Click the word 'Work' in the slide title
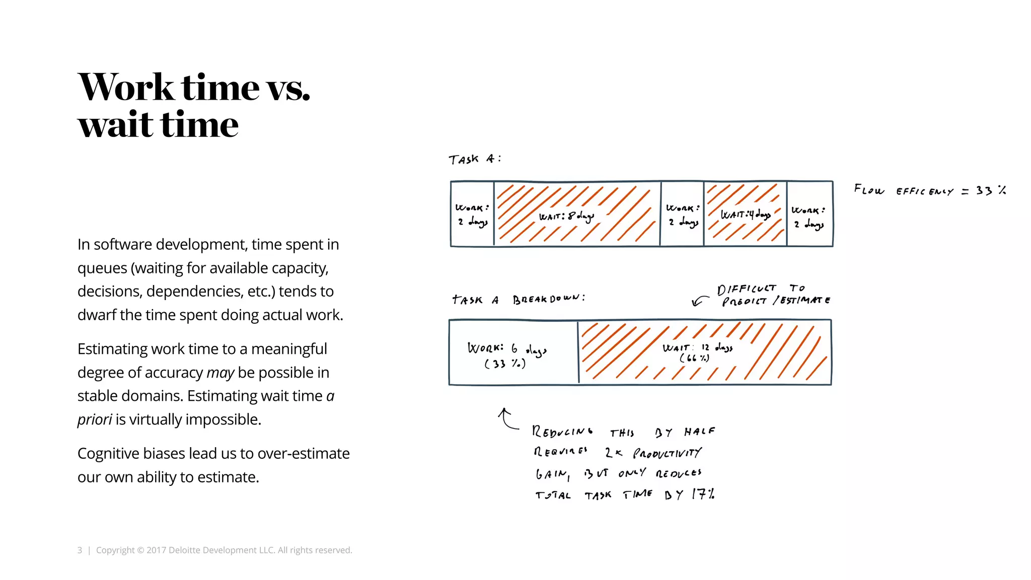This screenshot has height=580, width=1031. point(126,87)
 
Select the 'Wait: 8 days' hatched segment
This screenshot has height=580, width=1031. point(576,214)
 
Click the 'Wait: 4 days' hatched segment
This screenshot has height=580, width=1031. point(745,214)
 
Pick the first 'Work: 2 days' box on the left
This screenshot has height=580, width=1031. point(472,214)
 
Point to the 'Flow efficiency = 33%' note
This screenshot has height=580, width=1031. point(929,190)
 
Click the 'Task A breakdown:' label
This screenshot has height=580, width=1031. point(519,300)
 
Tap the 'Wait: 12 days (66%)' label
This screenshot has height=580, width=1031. point(697,352)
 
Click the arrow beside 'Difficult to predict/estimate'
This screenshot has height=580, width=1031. point(699,301)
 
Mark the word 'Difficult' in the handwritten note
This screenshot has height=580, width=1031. point(746,289)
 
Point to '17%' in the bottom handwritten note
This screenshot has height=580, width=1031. point(703,494)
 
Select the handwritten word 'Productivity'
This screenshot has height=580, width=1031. point(667,453)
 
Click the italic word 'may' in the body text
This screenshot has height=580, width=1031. point(220,373)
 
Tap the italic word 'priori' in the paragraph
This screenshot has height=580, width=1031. point(94,419)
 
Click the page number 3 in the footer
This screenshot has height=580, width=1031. point(80,550)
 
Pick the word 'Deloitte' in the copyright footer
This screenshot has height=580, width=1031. point(186,550)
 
